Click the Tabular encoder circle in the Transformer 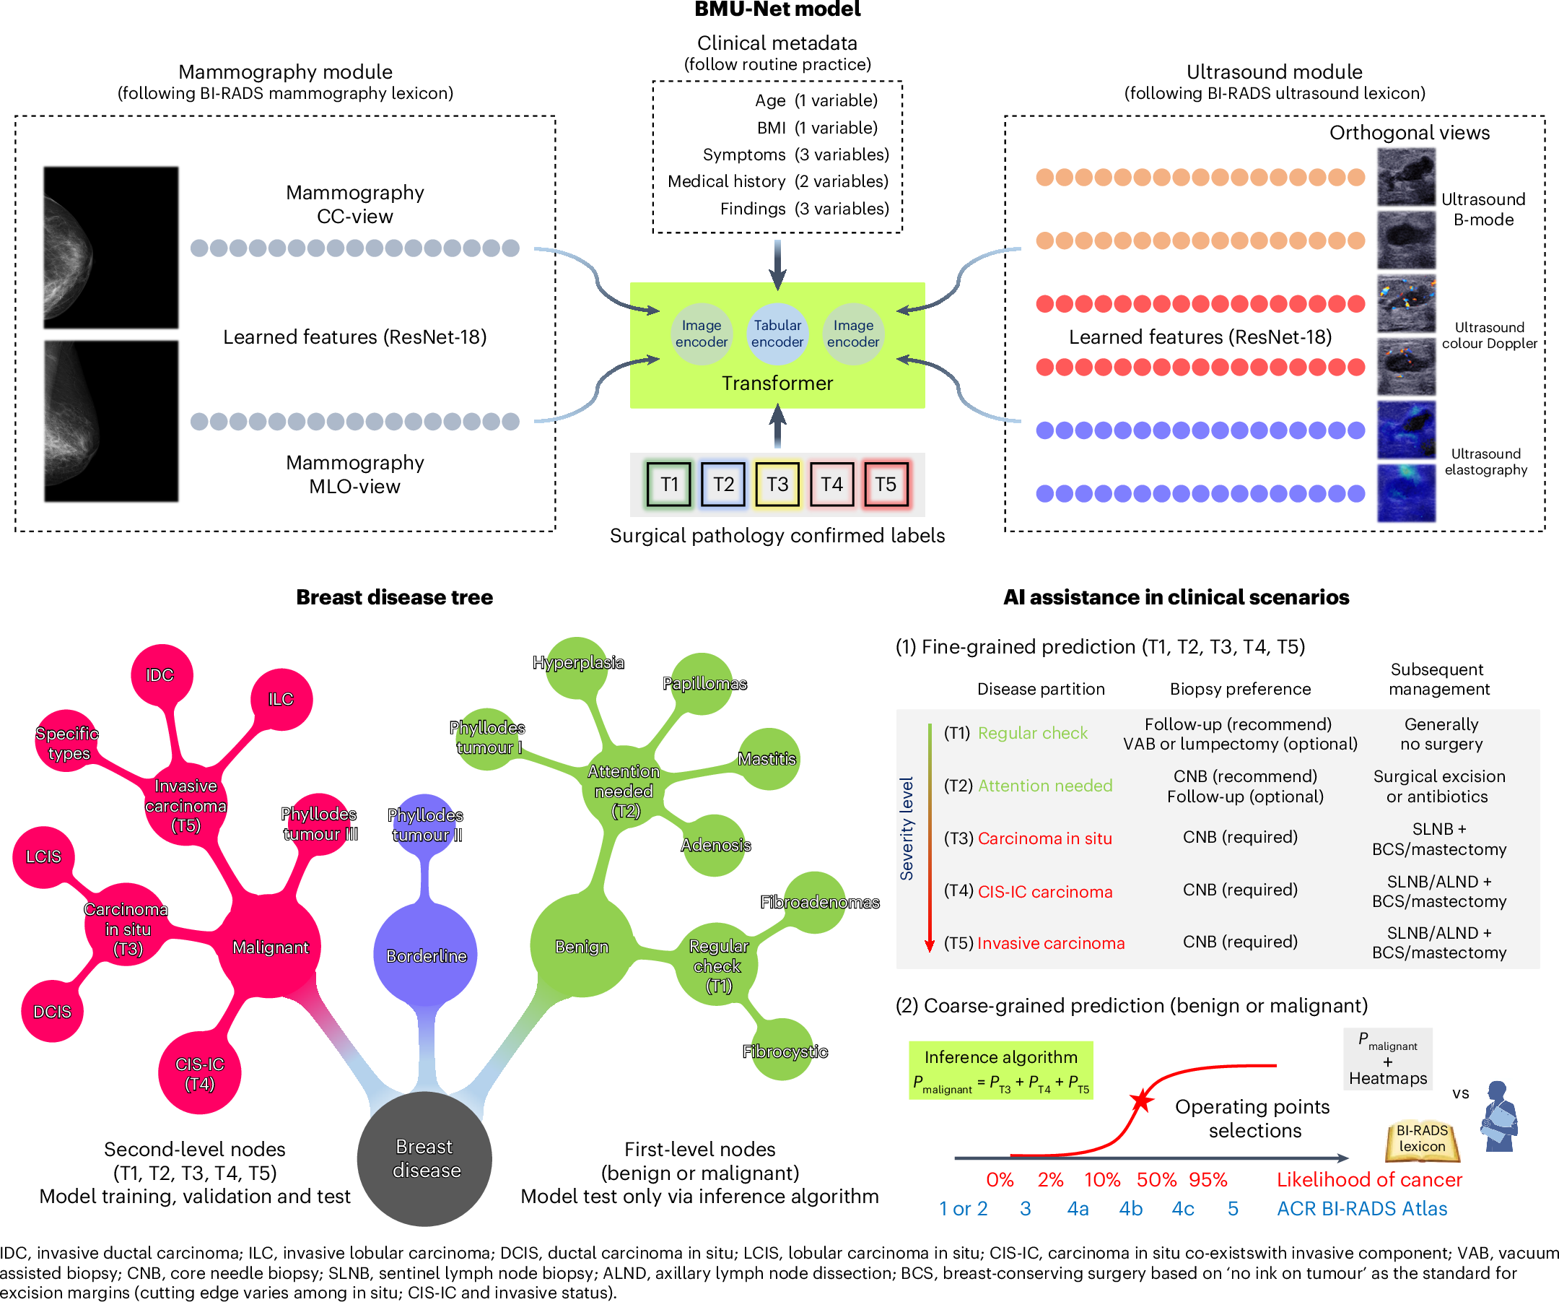tap(777, 334)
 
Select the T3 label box tap(777, 485)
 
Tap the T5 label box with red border tap(885, 485)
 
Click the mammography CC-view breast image tap(110, 247)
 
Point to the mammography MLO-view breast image tap(110, 421)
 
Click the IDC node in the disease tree tap(160, 675)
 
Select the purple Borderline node tap(425, 955)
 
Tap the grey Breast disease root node tap(424, 1158)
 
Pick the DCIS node tap(52, 1012)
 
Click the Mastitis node tap(768, 758)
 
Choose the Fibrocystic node tap(784, 1051)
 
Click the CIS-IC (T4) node tap(200, 1074)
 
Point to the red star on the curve tap(1141, 1101)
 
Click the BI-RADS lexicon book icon tap(1422, 1140)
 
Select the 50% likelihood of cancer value tap(1156, 1179)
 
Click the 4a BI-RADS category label tap(1077, 1208)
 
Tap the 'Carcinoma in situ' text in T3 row tap(1044, 838)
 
